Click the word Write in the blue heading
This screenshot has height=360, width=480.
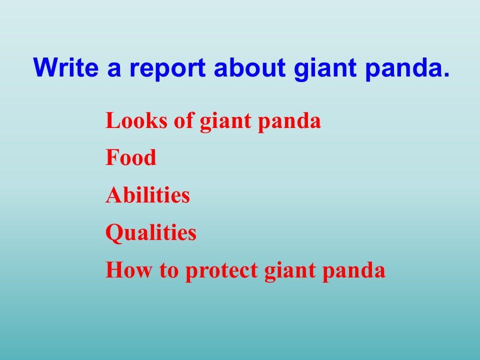(66, 67)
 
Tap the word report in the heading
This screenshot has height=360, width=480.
(167, 69)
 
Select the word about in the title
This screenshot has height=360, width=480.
(249, 67)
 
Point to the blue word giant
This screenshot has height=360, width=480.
(325, 69)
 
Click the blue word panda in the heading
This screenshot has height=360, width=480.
(403, 69)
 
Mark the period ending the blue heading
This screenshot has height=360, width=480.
(445, 74)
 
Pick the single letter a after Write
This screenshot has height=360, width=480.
(114, 70)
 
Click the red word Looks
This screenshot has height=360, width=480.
(136, 120)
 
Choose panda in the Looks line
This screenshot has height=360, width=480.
(289, 121)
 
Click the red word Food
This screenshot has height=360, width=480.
(130, 157)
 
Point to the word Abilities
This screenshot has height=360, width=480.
(147, 194)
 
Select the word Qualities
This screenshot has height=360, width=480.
(150, 233)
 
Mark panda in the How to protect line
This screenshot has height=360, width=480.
(353, 271)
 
